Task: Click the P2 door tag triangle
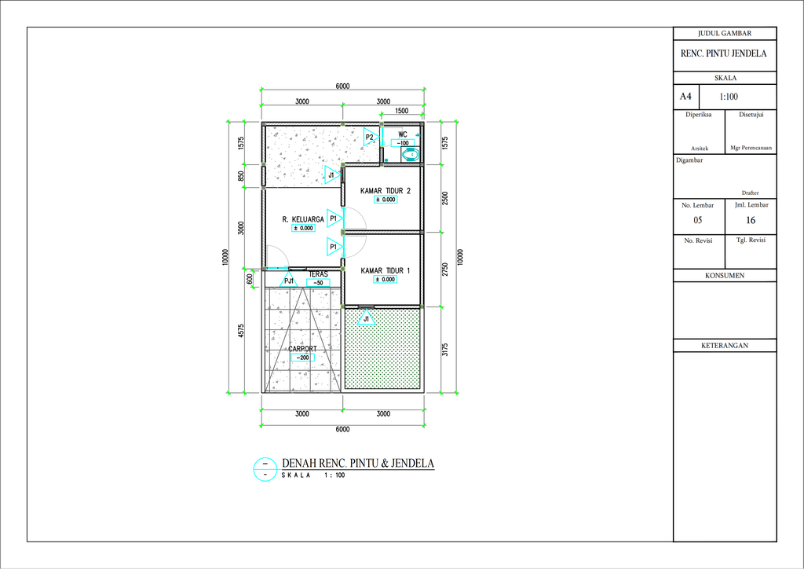371,137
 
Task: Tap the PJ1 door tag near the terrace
289,280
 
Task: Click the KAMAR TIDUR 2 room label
385,191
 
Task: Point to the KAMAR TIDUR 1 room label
385,270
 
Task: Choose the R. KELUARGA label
303,219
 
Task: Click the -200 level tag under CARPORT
302,358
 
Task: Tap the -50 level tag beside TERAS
318,283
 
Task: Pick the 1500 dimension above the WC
402,111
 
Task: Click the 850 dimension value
241,177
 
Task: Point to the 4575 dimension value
241,331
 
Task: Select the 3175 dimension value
445,350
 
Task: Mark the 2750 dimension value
445,270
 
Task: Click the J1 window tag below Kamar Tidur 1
366,318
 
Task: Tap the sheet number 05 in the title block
698,220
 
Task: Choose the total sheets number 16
751,220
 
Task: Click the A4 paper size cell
685,97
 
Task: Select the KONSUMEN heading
725,276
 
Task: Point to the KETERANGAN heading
725,345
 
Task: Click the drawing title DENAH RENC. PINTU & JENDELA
358,464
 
